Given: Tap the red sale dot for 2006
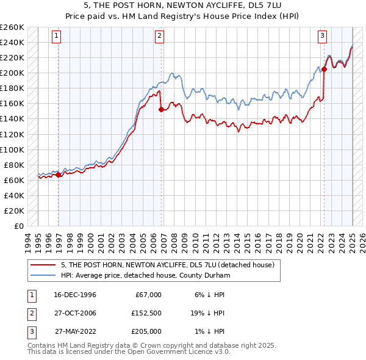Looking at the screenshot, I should (x=161, y=109).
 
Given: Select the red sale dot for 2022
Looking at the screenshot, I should (x=324, y=69).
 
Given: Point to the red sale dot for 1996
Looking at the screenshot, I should (x=59, y=175).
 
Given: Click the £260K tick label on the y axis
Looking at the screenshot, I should (x=12, y=27).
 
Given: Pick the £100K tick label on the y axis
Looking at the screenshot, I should (x=12, y=149).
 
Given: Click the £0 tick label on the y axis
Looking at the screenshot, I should (x=18, y=226).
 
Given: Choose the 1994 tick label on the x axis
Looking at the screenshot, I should (x=28, y=241).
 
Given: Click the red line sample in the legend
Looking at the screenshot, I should (x=43, y=265).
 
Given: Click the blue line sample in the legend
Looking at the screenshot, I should (x=43, y=275).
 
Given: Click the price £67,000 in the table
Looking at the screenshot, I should (x=146, y=295).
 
